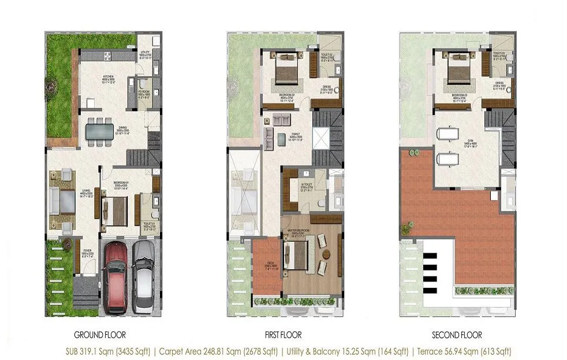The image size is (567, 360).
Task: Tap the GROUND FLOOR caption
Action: tap(100, 335)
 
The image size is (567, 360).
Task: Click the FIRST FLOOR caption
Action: tap(283, 335)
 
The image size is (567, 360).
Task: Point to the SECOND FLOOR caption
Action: tap(457, 335)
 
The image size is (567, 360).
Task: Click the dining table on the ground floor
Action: tap(99, 130)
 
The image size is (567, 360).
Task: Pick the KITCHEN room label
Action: tap(110, 92)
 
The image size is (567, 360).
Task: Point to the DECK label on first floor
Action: tap(267, 264)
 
